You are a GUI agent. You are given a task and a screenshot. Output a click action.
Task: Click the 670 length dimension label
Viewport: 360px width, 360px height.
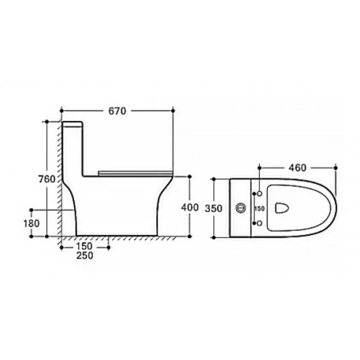pyautogui.click(x=117, y=111)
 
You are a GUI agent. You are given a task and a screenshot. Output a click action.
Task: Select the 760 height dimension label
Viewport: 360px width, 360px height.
pyautogui.click(x=47, y=179)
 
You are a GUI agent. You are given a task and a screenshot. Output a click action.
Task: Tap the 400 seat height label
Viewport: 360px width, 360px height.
pyautogui.click(x=190, y=208)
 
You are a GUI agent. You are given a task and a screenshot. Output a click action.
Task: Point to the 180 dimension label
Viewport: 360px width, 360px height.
pyautogui.click(x=32, y=223)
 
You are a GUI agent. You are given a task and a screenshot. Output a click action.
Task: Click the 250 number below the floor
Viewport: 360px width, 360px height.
pyautogui.click(x=85, y=255)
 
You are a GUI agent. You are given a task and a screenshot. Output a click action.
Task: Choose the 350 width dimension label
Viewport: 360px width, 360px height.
pyautogui.click(x=214, y=208)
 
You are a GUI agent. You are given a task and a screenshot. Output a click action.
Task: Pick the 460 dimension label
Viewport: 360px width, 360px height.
pyautogui.click(x=297, y=168)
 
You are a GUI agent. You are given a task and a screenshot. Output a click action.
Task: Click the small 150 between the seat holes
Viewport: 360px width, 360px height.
pyautogui.click(x=259, y=208)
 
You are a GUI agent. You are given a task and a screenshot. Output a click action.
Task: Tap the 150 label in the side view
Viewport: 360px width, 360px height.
pyautogui.click(x=84, y=246)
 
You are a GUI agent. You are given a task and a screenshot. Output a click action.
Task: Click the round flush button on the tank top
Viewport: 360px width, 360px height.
pyautogui.click(x=241, y=208)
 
